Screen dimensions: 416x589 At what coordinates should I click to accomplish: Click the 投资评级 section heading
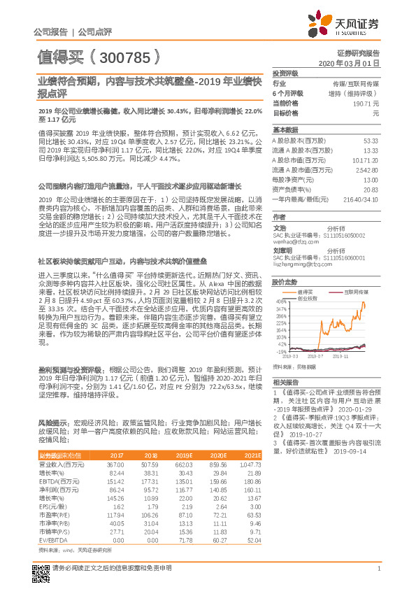[285, 73]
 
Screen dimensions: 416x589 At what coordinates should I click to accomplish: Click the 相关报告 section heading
[285, 383]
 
